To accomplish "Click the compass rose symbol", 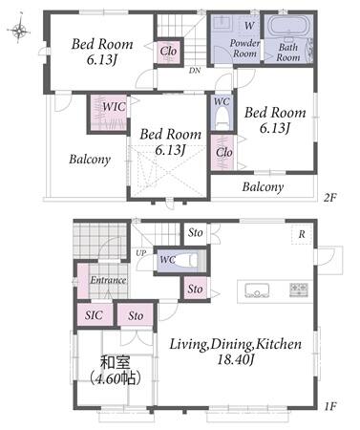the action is pyautogui.click(x=19, y=31).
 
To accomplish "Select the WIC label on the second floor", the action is pyautogui.click(x=114, y=107).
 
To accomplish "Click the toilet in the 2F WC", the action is pyautogui.click(x=222, y=118).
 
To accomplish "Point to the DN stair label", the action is pyautogui.click(x=195, y=71).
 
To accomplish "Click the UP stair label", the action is pyautogui.click(x=141, y=253).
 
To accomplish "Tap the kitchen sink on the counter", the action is pyautogui.click(x=257, y=290).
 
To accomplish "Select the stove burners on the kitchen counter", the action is pyautogui.click(x=299, y=290).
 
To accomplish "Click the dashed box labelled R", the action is pyautogui.click(x=301, y=234).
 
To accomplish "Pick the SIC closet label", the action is pyautogui.click(x=94, y=315).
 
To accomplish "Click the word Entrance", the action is pyautogui.click(x=108, y=280).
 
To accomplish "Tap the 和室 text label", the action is pyautogui.click(x=116, y=363).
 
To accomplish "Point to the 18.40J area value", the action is pyautogui.click(x=236, y=360).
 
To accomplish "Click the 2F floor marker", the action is pyautogui.click(x=329, y=198).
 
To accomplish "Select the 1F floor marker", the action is pyautogui.click(x=330, y=406).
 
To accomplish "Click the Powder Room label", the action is pyautogui.click(x=244, y=48).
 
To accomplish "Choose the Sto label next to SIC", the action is pyautogui.click(x=136, y=315).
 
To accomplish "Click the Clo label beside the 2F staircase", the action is pyautogui.click(x=168, y=51).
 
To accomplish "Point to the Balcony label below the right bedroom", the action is pyautogui.click(x=263, y=186).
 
